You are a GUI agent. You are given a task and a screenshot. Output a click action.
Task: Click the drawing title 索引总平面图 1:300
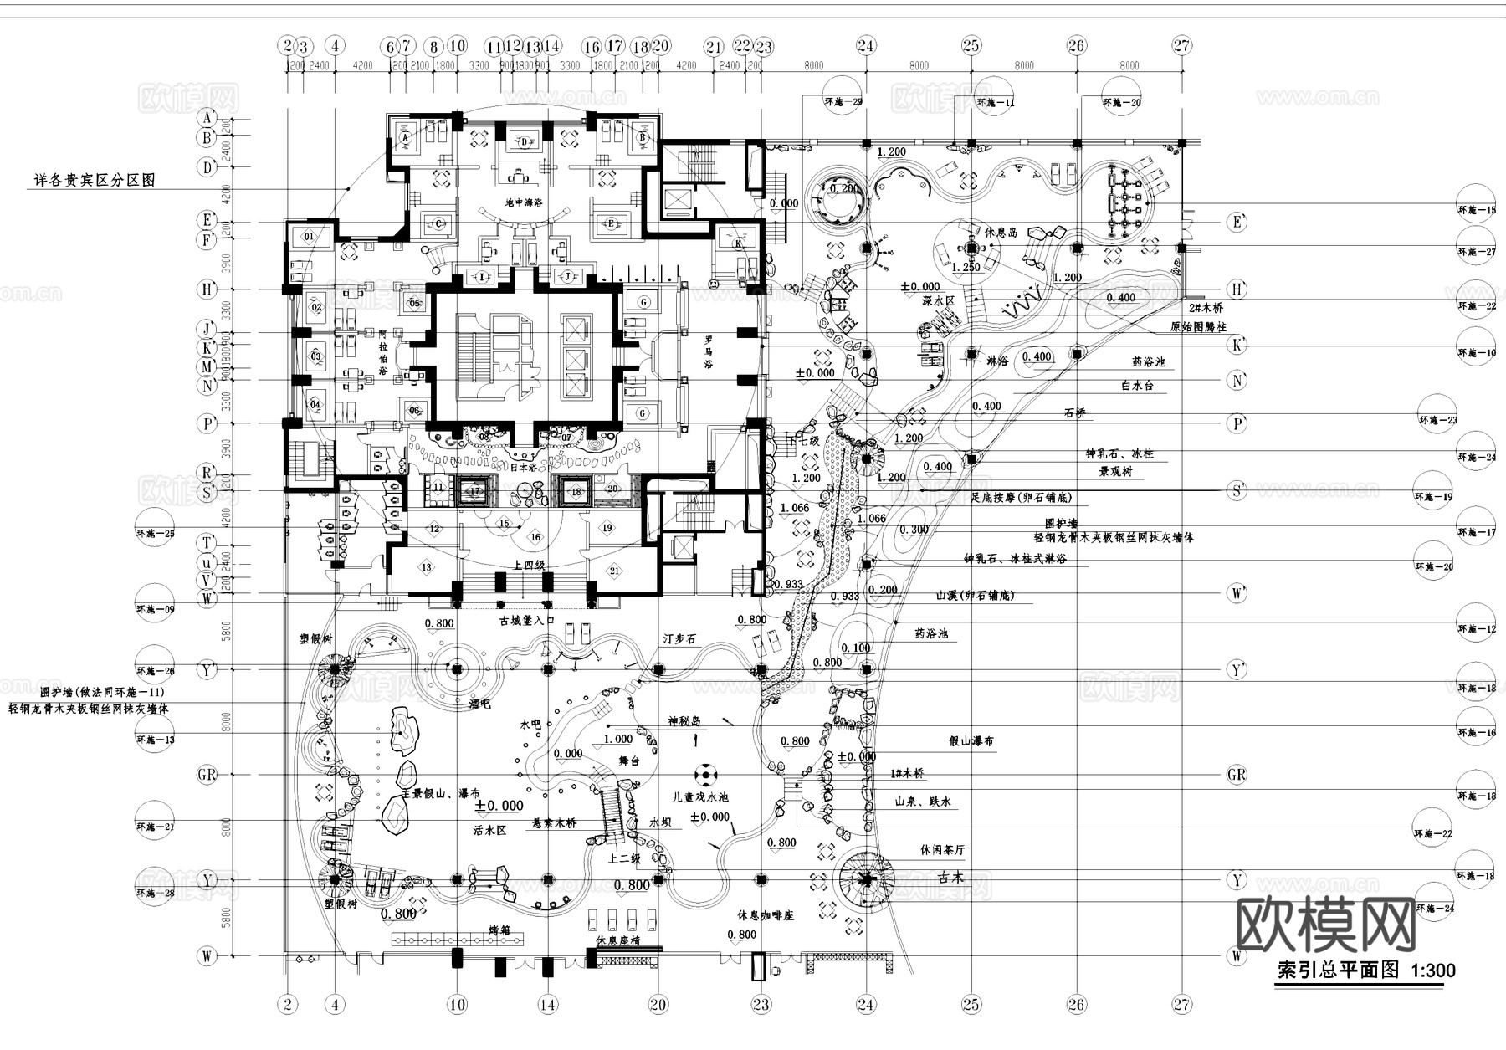(x=1365, y=971)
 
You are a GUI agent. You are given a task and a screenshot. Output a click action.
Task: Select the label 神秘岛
(x=684, y=721)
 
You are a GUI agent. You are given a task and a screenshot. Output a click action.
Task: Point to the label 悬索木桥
(x=556, y=823)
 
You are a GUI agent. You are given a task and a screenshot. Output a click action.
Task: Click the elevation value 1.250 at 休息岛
(x=965, y=267)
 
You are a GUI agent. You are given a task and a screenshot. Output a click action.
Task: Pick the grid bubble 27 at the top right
(x=1181, y=46)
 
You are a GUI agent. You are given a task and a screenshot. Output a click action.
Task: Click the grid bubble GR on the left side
(x=207, y=774)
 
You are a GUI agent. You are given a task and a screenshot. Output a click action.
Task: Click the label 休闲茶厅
(x=942, y=850)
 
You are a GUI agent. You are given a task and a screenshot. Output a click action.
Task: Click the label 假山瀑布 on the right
(x=971, y=741)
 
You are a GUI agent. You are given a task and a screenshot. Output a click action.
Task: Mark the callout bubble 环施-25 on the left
(x=155, y=532)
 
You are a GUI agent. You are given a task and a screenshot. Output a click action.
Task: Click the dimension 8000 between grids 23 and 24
(x=813, y=65)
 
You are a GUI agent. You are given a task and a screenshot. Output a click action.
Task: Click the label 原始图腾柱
(x=1197, y=327)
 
